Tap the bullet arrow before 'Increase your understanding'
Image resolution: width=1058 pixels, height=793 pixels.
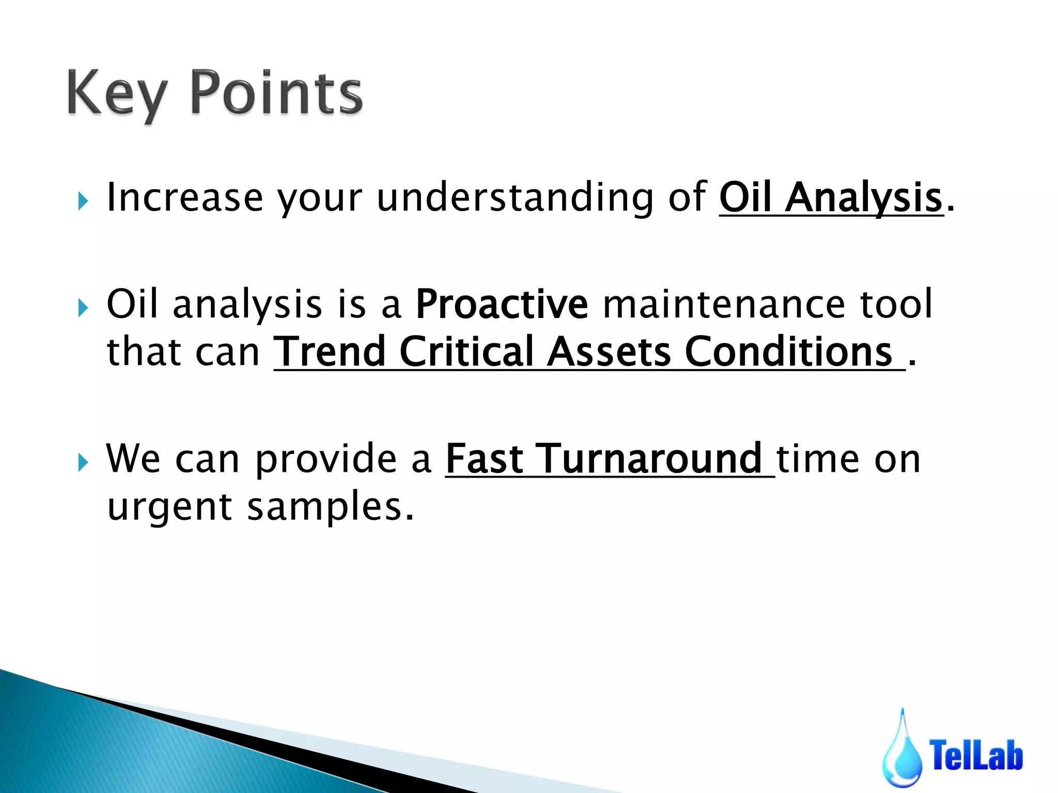pyautogui.click(x=83, y=200)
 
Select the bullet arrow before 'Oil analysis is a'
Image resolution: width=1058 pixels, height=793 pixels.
pyautogui.click(x=83, y=308)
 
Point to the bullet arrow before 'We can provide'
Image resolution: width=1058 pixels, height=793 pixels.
pyautogui.click(x=83, y=462)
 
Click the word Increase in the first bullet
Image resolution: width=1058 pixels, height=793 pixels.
pyautogui.click(x=185, y=197)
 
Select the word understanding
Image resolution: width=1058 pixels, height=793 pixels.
pyautogui.click(x=515, y=197)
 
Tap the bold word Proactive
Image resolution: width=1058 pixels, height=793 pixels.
pyautogui.click(x=502, y=304)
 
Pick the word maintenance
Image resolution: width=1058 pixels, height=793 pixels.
pyautogui.click(x=723, y=304)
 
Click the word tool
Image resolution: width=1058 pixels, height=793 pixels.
pyautogui.click(x=896, y=304)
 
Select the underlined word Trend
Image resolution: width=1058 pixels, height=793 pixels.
pyautogui.click(x=330, y=352)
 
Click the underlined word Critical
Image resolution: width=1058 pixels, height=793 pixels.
pyautogui.click(x=466, y=352)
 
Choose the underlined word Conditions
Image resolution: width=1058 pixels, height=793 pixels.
pyautogui.click(x=789, y=352)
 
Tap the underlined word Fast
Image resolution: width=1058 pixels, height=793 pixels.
pyautogui.click(x=485, y=458)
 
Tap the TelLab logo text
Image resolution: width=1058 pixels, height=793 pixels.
pyautogui.click(x=976, y=754)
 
